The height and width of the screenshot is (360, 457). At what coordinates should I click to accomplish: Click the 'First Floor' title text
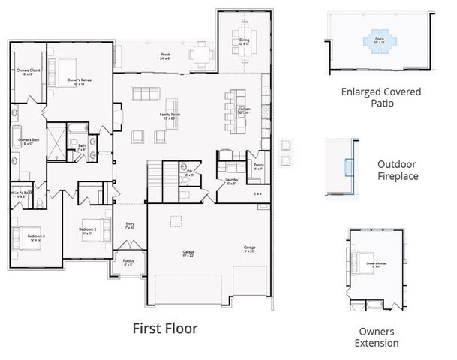click(x=165, y=328)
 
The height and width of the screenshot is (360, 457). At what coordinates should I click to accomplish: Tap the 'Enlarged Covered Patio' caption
click(x=380, y=97)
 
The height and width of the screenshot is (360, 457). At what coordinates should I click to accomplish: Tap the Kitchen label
click(x=245, y=110)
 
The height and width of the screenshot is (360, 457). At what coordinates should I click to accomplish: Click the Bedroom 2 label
click(x=89, y=230)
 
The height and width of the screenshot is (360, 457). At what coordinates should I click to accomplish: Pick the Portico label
click(x=128, y=262)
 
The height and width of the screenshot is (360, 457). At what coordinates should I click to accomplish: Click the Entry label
click(x=130, y=224)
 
